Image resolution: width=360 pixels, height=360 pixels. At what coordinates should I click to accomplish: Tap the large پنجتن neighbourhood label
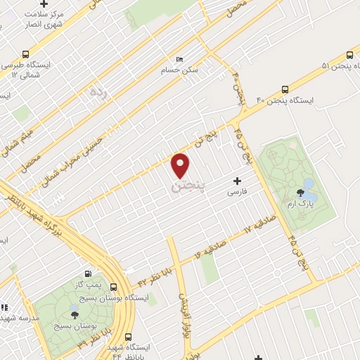pos(188,186)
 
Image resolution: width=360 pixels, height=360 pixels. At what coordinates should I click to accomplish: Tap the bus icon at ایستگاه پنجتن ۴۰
pos(285,89)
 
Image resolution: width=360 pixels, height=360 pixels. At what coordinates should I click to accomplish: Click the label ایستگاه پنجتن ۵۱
pos(325,67)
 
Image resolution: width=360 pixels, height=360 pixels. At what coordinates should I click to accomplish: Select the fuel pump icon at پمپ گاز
pos(88,274)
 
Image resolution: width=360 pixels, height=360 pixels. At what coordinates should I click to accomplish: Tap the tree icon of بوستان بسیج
pos(75,314)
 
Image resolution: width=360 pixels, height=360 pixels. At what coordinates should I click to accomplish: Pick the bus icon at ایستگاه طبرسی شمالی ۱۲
pos(26,53)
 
